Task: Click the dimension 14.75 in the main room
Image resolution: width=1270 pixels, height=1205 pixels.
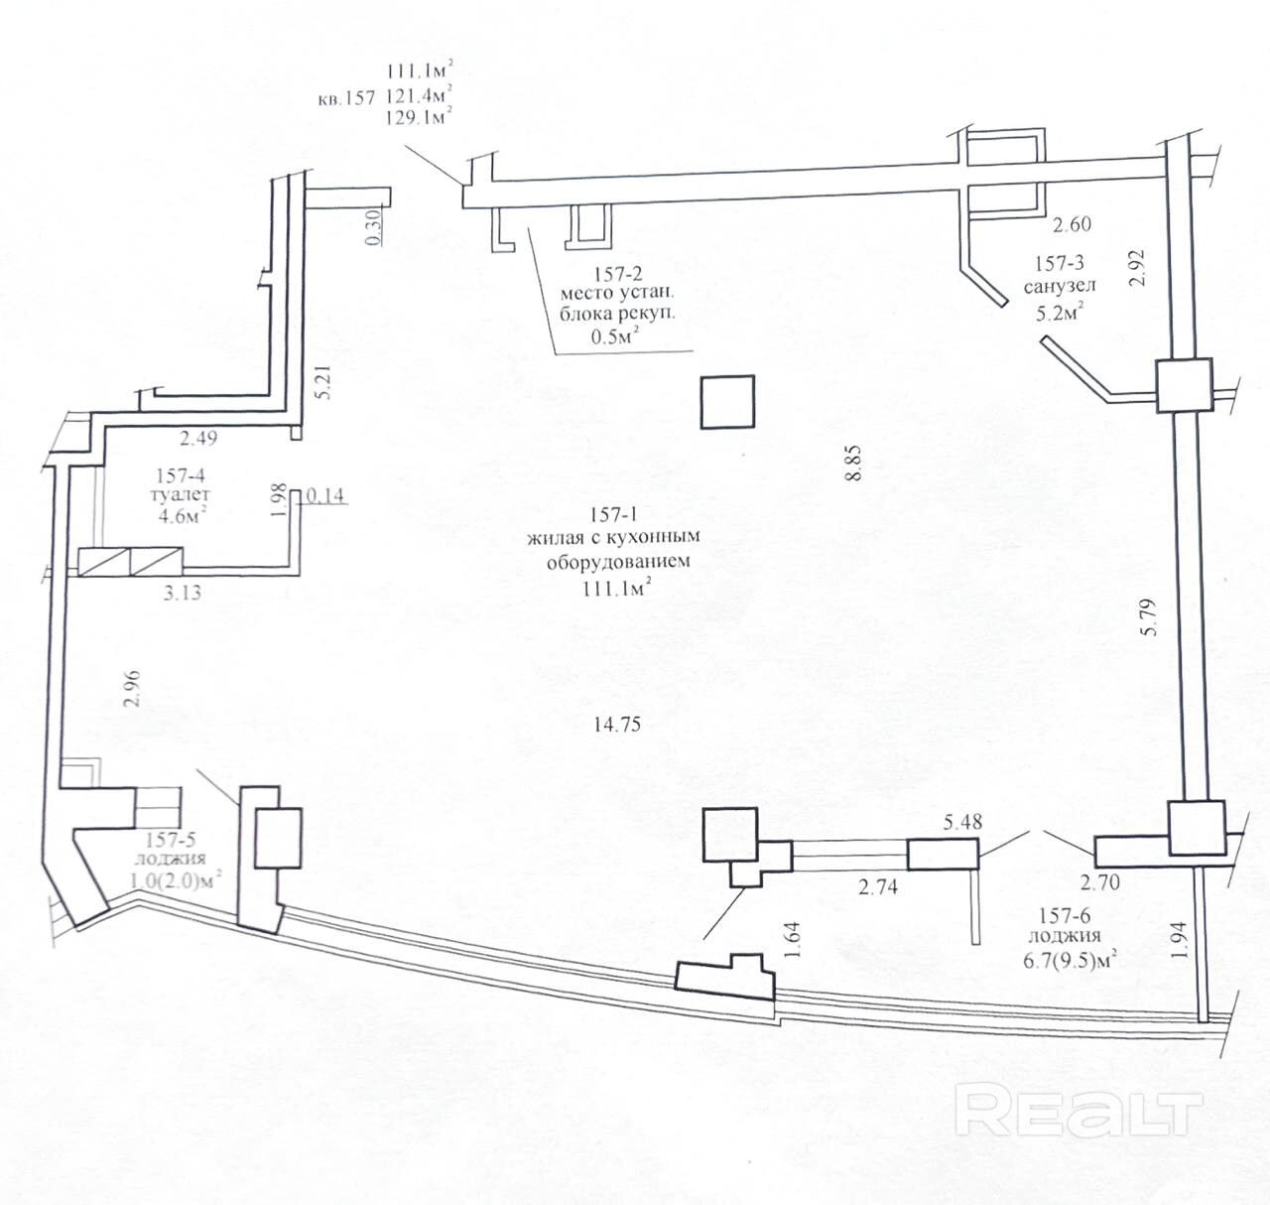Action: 616,725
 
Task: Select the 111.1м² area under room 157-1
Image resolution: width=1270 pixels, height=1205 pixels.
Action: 616,588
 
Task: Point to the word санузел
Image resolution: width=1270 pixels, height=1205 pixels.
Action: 1060,286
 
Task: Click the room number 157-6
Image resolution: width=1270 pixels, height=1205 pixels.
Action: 1064,915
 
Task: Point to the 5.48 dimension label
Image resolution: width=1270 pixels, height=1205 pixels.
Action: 969,822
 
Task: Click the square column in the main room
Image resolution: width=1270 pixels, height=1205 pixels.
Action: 727,402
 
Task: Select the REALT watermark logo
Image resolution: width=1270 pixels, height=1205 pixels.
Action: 1079,1111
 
